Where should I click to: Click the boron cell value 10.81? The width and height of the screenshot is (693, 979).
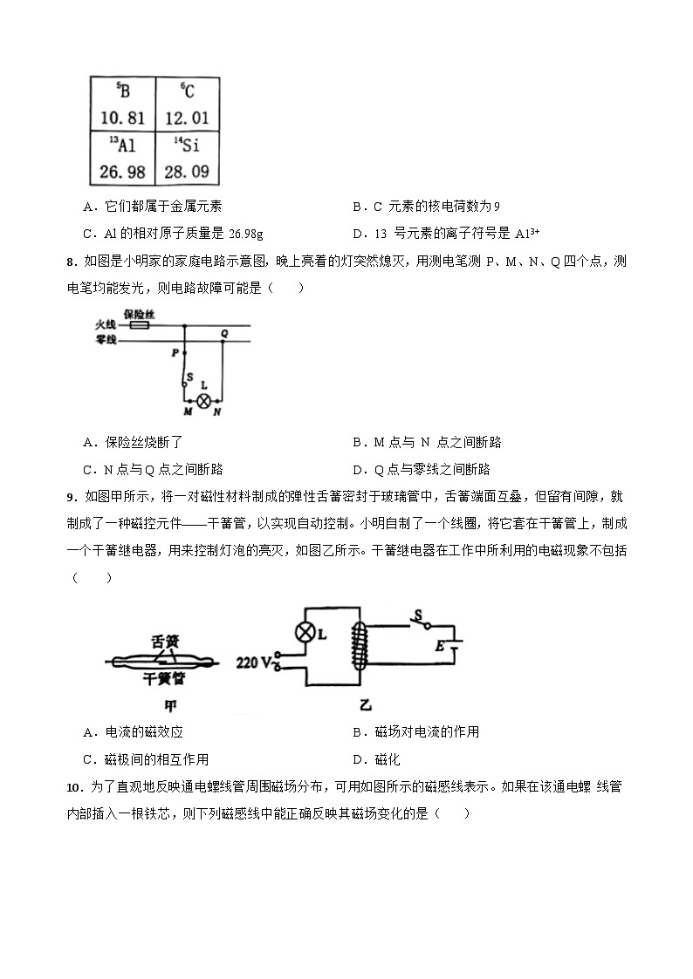point(121,118)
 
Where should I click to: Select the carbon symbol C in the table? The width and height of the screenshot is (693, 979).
point(188,91)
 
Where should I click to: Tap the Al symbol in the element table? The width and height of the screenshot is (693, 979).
point(123,145)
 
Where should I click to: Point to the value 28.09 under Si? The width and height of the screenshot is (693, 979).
point(187,172)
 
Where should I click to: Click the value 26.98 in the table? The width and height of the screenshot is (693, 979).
point(122,172)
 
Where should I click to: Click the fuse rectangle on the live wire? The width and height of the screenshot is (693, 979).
point(138,325)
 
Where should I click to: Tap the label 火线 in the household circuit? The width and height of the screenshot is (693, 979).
point(106,325)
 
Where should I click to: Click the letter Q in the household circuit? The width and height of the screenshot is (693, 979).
point(224,333)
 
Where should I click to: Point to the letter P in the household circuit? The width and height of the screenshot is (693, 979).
point(175,353)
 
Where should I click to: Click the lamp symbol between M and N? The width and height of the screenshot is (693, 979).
point(204,400)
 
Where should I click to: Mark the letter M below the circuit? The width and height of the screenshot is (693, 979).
point(187,411)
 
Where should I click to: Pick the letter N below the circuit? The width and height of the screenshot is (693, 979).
point(217,411)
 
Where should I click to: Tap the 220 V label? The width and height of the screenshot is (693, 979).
point(254,662)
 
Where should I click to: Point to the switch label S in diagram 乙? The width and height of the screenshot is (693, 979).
point(418,616)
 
